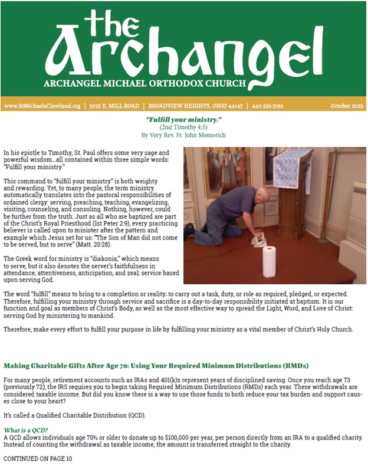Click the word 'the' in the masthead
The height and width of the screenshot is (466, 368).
(116, 24)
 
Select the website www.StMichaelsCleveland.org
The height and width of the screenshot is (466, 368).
(42, 106)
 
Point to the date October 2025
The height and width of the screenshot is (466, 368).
(347, 106)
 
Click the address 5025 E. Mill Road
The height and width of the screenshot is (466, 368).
(114, 106)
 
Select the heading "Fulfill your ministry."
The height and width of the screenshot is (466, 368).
(183, 120)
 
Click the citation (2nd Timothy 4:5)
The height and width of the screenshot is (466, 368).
(183, 127)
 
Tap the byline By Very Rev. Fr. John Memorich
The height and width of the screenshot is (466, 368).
(183, 135)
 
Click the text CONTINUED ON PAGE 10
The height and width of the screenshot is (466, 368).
(38, 458)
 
